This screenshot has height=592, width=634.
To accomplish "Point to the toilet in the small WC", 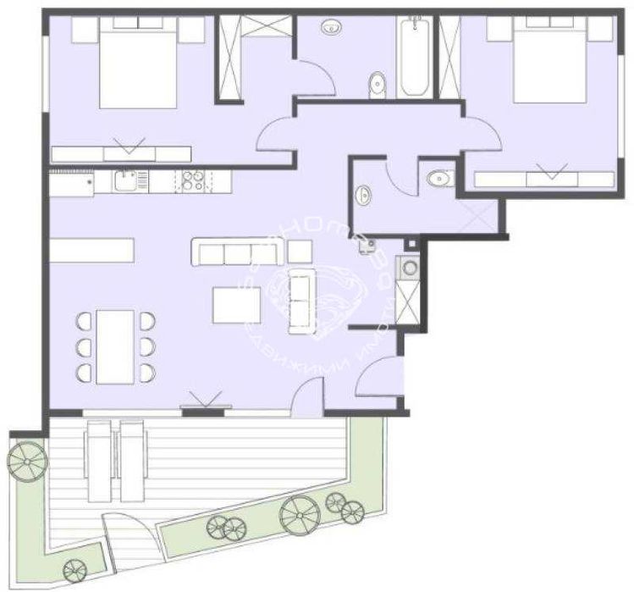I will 439,178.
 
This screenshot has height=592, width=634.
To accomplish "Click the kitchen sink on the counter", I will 126,179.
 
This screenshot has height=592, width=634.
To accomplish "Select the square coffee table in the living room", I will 236,305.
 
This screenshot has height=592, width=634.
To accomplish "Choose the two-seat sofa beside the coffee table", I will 301,300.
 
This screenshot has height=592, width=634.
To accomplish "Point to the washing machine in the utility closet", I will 410,268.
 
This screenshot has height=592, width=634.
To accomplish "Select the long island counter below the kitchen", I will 92,251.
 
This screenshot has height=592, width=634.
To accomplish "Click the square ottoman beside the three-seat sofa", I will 300,252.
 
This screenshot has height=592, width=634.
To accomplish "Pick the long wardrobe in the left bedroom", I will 120,153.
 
